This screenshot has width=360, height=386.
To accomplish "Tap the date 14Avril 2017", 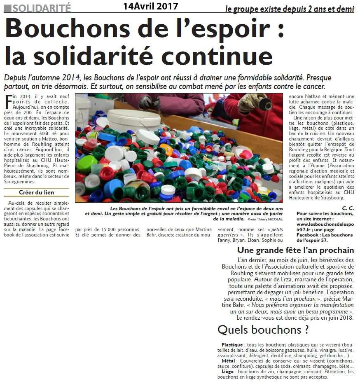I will tap(150, 6).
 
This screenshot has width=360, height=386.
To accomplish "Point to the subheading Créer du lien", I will tap(36, 192).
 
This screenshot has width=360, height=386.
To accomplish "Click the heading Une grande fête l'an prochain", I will tap(295, 250).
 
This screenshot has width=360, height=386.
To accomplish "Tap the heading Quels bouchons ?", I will tap(263, 330).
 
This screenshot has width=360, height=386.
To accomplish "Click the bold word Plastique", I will tap(232, 344).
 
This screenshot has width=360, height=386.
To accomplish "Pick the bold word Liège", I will tap(227, 372).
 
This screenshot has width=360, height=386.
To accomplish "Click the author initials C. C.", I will tap(348, 208).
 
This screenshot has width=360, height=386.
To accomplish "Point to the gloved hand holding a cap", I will tap(252, 102).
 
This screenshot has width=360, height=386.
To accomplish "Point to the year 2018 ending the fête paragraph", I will tap(345, 318).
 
